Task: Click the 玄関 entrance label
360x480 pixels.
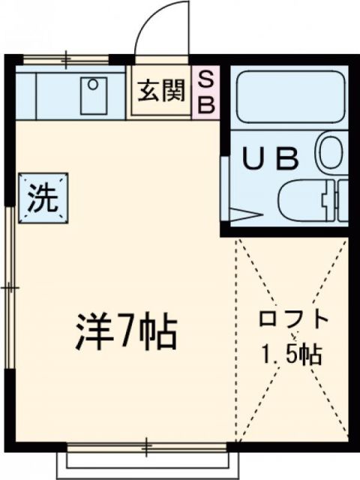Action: pos(159,91)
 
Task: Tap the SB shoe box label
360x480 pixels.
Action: pos(205,91)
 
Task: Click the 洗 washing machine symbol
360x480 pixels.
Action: pos(43,197)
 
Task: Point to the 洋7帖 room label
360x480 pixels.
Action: pos(126,331)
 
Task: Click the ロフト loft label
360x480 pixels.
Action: pos(293,319)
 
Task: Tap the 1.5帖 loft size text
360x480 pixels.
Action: pos(292,353)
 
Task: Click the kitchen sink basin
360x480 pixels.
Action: pos(94,94)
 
